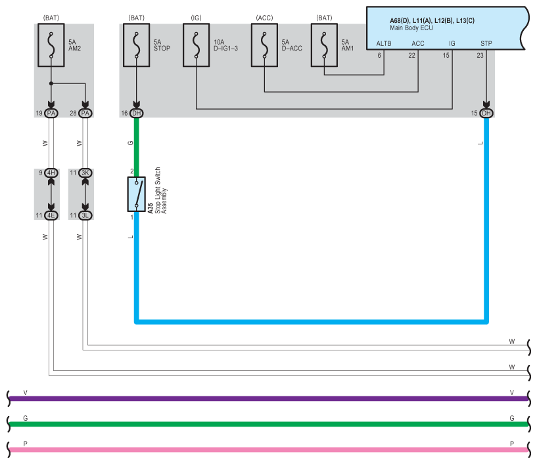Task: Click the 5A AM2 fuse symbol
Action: coord(51,45)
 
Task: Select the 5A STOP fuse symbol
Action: coord(136,45)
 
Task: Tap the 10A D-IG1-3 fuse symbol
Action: coord(197,45)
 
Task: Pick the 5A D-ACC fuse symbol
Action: coord(264,45)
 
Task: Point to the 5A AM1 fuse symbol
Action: coord(324,45)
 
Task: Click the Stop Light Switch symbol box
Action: coord(136,194)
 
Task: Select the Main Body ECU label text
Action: coord(411,28)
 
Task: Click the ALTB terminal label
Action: coord(384,43)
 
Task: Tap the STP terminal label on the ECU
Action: coord(486,43)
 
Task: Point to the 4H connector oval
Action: coord(51,173)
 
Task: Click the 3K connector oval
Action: coord(85,173)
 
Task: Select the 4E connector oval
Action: coord(51,215)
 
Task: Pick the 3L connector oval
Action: coord(85,215)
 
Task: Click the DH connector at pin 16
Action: coord(136,113)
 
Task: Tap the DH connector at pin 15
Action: coord(486,113)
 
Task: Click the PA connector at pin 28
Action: coord(85,113)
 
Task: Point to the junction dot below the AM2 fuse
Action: coord(51,83)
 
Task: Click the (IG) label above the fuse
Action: coord(197,18)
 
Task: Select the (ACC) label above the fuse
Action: coord(264,18)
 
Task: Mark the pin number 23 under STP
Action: coord(480,55)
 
